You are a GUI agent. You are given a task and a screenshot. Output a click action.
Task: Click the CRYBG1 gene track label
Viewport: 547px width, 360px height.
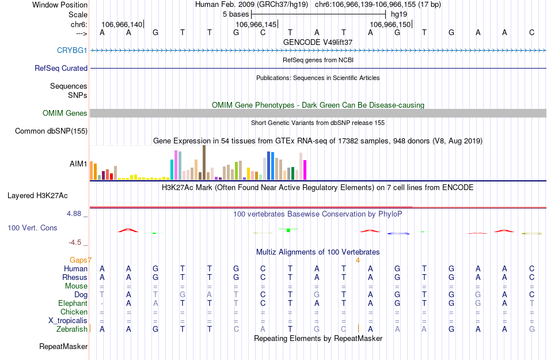pos(72,50)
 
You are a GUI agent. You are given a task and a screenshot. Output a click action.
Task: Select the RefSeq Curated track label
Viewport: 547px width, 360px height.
pos(61,68)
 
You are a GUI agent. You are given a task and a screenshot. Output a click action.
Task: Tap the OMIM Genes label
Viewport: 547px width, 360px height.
pos(65,113)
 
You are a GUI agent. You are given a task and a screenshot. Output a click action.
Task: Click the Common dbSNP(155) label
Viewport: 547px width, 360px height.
pos(51,131)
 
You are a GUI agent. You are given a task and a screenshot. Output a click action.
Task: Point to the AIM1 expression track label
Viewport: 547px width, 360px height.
pos(78,164)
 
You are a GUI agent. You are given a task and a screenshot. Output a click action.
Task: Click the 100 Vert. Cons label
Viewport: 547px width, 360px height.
pos(32,228)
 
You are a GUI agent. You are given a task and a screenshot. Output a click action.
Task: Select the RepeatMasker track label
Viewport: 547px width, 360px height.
pos(63,347)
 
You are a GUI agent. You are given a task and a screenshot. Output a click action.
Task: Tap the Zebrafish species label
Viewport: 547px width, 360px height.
pos(72,329)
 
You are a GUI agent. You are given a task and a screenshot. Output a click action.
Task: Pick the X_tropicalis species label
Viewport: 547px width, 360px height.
pos(68,320)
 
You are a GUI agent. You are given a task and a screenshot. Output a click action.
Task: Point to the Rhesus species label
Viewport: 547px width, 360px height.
pos(75,277)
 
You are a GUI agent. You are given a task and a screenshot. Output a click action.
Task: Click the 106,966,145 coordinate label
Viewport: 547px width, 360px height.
pos(257,25)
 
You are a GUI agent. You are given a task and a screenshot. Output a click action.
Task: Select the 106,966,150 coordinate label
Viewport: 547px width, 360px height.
pos(390,25)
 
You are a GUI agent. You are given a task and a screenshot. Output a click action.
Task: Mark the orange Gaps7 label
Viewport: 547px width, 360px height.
pos(81,260)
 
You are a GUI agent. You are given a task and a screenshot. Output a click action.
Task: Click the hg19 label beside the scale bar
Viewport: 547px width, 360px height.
pos(398,13)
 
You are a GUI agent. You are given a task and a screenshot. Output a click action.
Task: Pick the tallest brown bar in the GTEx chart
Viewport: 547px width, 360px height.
pos(204,162)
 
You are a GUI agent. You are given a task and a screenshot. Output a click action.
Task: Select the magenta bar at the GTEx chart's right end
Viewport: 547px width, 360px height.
pos(305,169)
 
